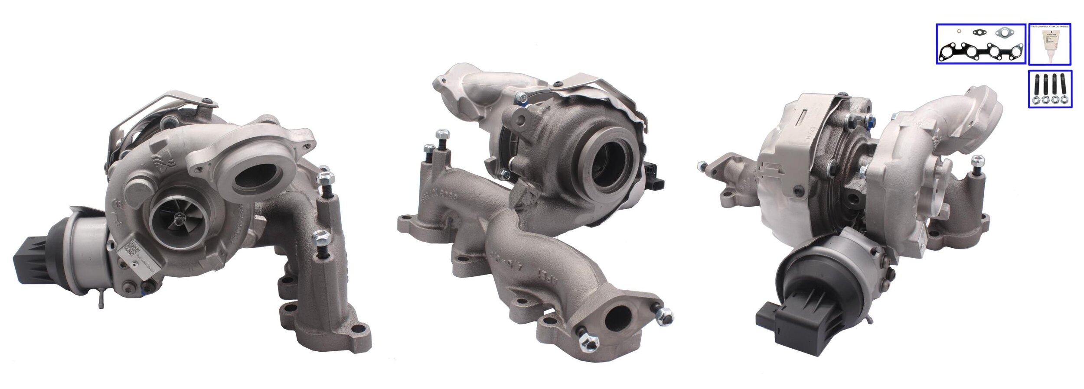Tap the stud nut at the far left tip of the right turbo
[x=701, y=165]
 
